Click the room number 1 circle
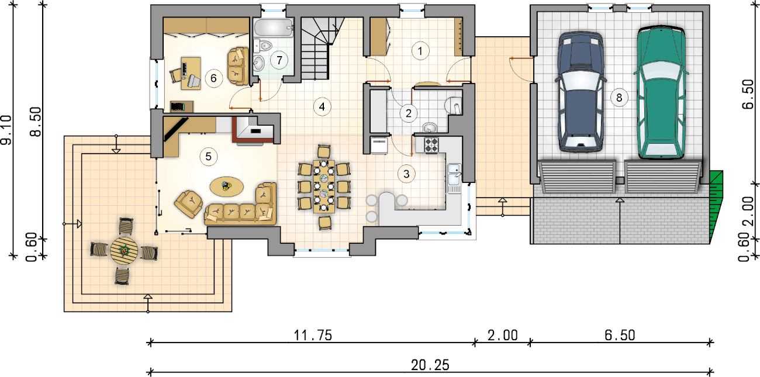[x=420, y=51]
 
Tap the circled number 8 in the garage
[x=619, y=98]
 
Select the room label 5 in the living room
[x=208, y=157]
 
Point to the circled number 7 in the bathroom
[x=279, y=60]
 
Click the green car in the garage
[x=661, y=93]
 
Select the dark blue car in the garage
[x=581, y=92]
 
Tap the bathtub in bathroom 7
[x=274, y=28]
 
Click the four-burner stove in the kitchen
[x=431, y=145]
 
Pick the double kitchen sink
[x=454, y=178]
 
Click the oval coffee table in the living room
[x=227, y=186]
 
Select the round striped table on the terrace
[x=124, y=251]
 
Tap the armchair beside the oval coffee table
[x=189, y=204]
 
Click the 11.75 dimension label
[x=313, y=336]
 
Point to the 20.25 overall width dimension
[x=430, y=365]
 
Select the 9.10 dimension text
[x=6, y=130]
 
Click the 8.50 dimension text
[x=36, y=122]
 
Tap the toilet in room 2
[x=453, y=106]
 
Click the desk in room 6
[x=191, y=73]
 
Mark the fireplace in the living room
[x=254, y=130]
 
